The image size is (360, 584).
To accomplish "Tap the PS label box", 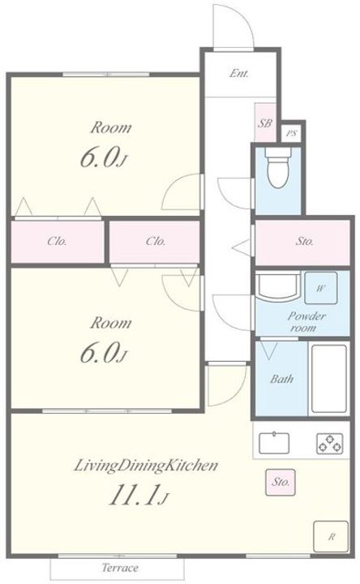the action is coord(292,132).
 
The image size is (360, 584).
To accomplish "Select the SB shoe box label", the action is coord(264,123).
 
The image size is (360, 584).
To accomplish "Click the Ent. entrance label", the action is coord(238,73).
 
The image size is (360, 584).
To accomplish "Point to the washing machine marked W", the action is coord(321,288).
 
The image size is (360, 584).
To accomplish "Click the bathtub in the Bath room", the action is coord(328,379).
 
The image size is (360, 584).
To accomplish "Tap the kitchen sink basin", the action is coord(274,443).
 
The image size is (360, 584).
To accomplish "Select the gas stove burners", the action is coord(329,443).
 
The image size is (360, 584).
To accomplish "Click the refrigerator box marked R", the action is coord(331,536).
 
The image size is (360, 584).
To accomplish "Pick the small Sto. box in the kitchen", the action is coord(281,483).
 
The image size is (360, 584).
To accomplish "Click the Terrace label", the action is coord(120,568).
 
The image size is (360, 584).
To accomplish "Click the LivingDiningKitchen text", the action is coord(146,466).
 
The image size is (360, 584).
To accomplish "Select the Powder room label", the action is coord(306,322).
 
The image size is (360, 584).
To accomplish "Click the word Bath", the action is coord(281,379).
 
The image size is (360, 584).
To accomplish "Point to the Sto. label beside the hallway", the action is coord(305,242).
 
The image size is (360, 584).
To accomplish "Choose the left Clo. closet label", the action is coord(57,242).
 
